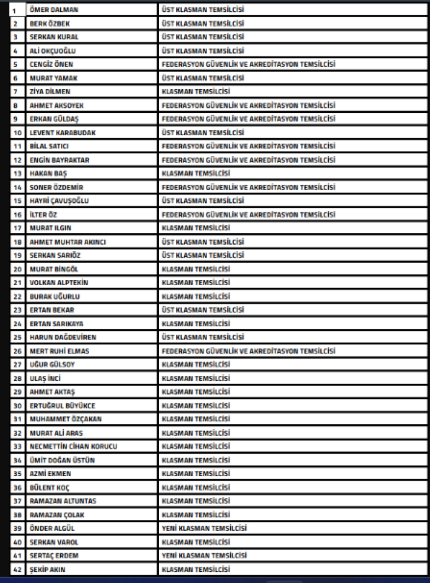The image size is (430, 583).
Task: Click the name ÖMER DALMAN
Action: point(54,10)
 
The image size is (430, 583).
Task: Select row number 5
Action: point(15,64)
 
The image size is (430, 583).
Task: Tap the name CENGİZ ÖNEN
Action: point(51,64)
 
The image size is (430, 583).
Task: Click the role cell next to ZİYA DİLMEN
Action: point(196,91)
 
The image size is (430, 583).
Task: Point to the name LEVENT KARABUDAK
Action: point(62,133)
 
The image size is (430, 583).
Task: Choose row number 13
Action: point(17,173)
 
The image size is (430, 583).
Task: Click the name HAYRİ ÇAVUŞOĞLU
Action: point(59,201)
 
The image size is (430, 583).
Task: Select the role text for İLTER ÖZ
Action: point(248,214)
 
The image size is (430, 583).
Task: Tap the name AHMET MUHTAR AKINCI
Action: point(68,242)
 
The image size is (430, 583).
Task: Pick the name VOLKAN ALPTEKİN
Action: point(59,283)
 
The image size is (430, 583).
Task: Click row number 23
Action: point(17,310)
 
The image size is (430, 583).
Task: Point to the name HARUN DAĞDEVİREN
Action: point(63,337)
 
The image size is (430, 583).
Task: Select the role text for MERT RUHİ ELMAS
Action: point(248,351)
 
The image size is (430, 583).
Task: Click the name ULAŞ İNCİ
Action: point(45,378)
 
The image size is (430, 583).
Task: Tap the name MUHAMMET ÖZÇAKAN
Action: point(66,419)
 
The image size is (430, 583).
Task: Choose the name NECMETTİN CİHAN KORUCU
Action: point(73,446)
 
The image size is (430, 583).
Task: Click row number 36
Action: point(17,488)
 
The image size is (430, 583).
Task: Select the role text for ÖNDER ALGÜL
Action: point(204,528)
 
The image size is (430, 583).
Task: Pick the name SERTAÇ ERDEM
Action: point(54,555)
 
